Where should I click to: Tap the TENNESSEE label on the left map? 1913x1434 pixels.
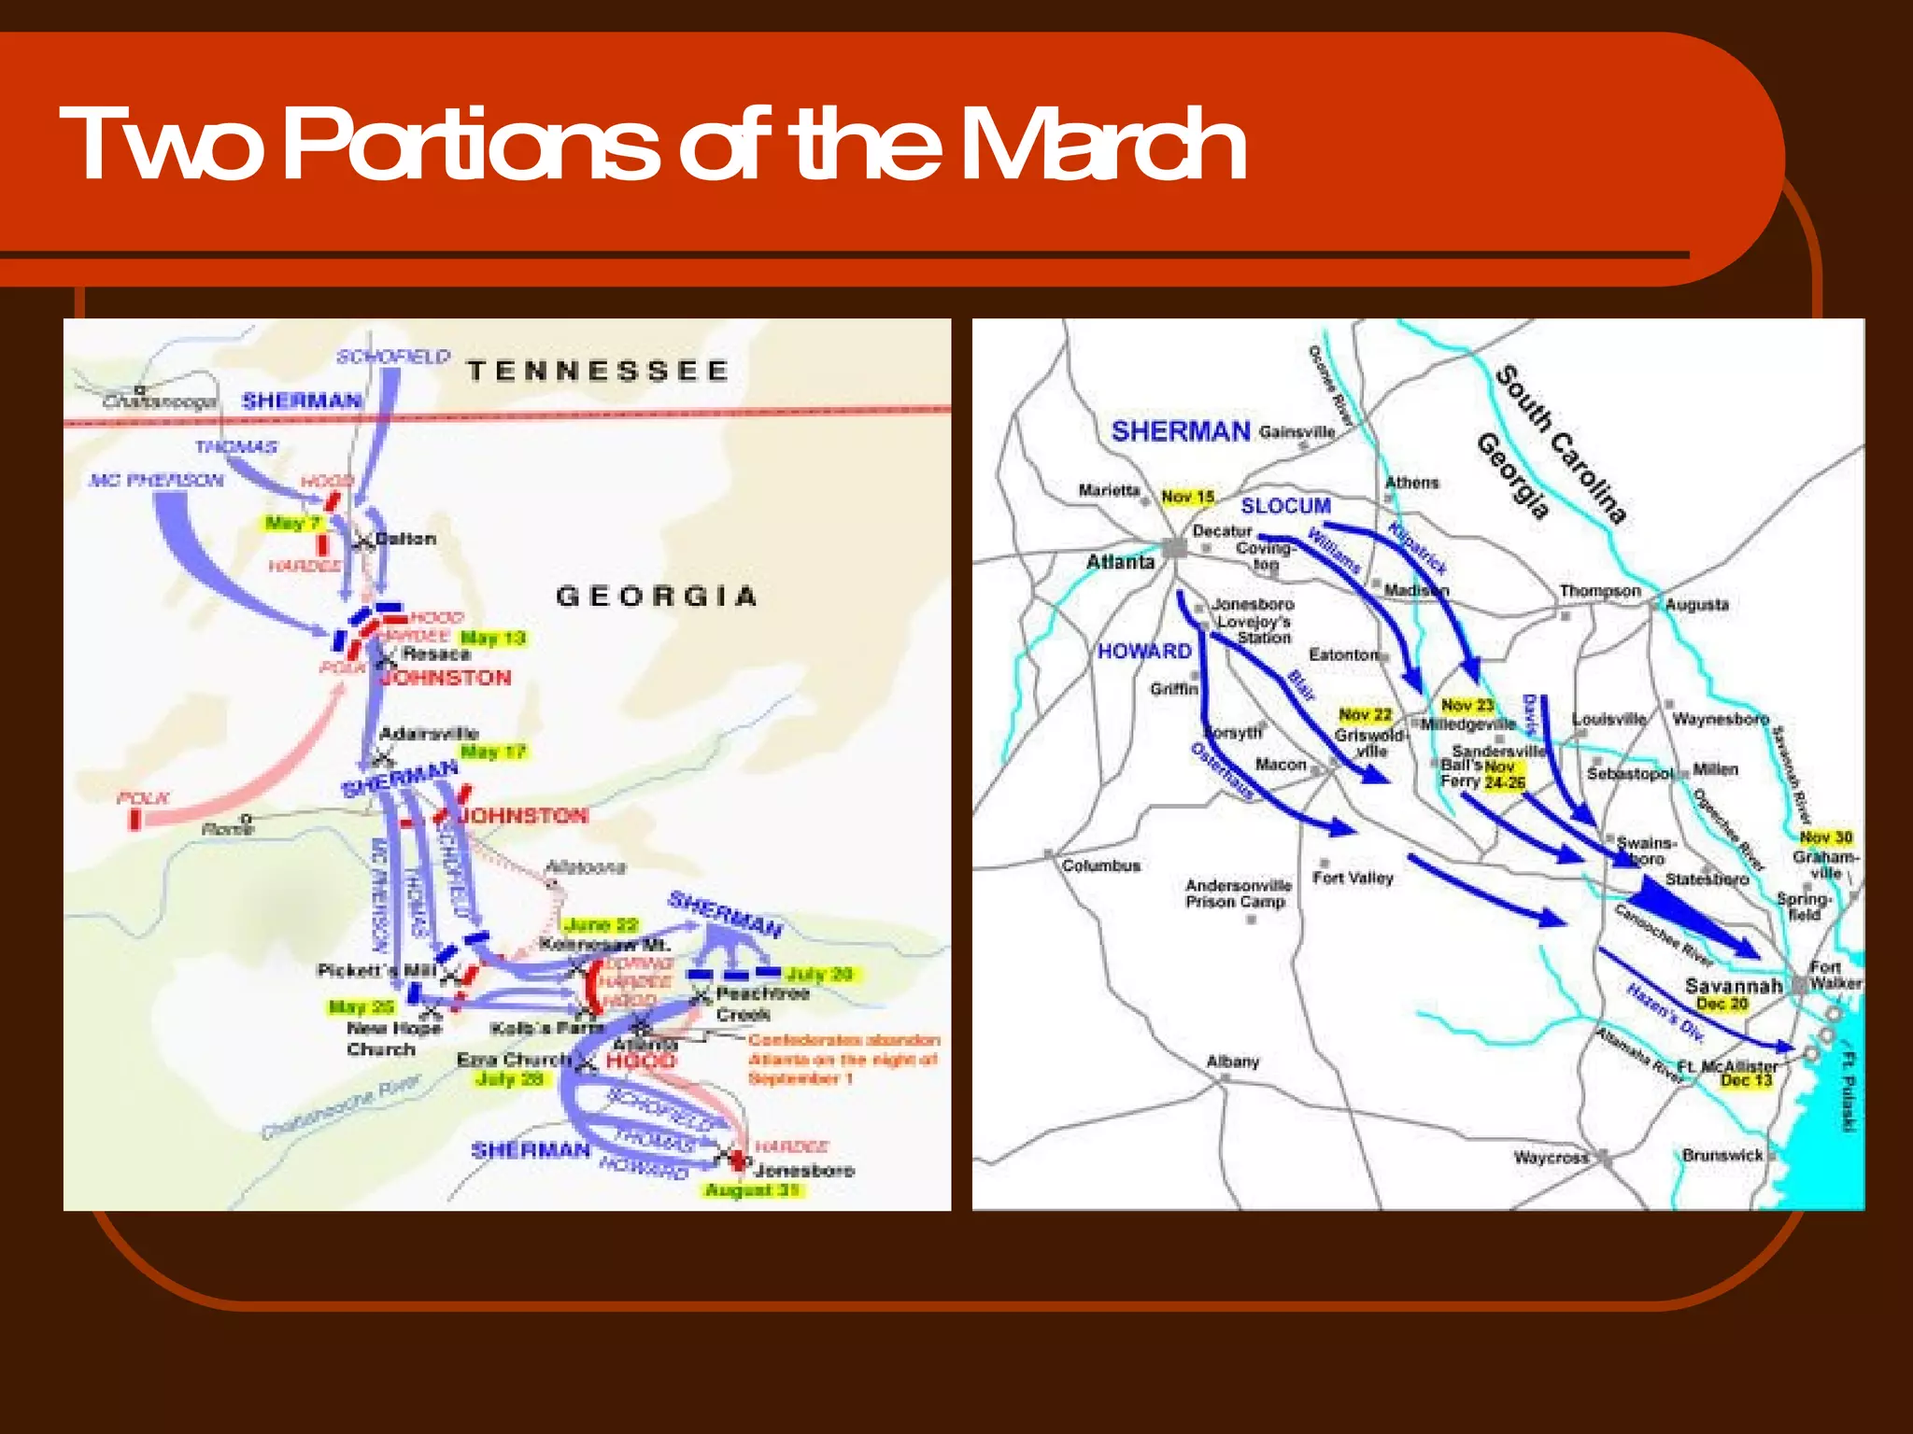[598, 371]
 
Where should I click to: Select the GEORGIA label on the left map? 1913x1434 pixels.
[656, 596]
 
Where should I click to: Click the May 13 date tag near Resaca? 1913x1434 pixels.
[493, 638]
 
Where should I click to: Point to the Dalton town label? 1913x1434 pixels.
[405, 539]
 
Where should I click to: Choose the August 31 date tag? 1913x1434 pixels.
[752, 1189]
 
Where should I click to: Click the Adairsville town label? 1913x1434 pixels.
[429, 733]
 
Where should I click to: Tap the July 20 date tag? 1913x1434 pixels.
[818, 974]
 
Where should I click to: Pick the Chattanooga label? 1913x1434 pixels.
[160, 401]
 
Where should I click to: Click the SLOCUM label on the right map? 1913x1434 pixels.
[1285, 505]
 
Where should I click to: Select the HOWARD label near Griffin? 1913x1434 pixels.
[1144, 651]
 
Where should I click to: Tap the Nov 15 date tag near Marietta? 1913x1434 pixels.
[1187, 497]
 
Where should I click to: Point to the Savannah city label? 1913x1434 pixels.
[1733, 985]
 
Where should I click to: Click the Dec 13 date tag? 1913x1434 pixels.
[1746, 1080]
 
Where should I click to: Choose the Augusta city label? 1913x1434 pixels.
[1696, 604]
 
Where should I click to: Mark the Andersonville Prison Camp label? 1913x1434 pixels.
[1238, 893]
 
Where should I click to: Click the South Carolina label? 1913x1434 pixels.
[1561, 443]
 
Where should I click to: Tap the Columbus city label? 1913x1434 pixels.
[1100, 865]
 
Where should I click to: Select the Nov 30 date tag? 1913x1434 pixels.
[1825, 836]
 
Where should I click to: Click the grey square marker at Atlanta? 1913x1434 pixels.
[1174, 548]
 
